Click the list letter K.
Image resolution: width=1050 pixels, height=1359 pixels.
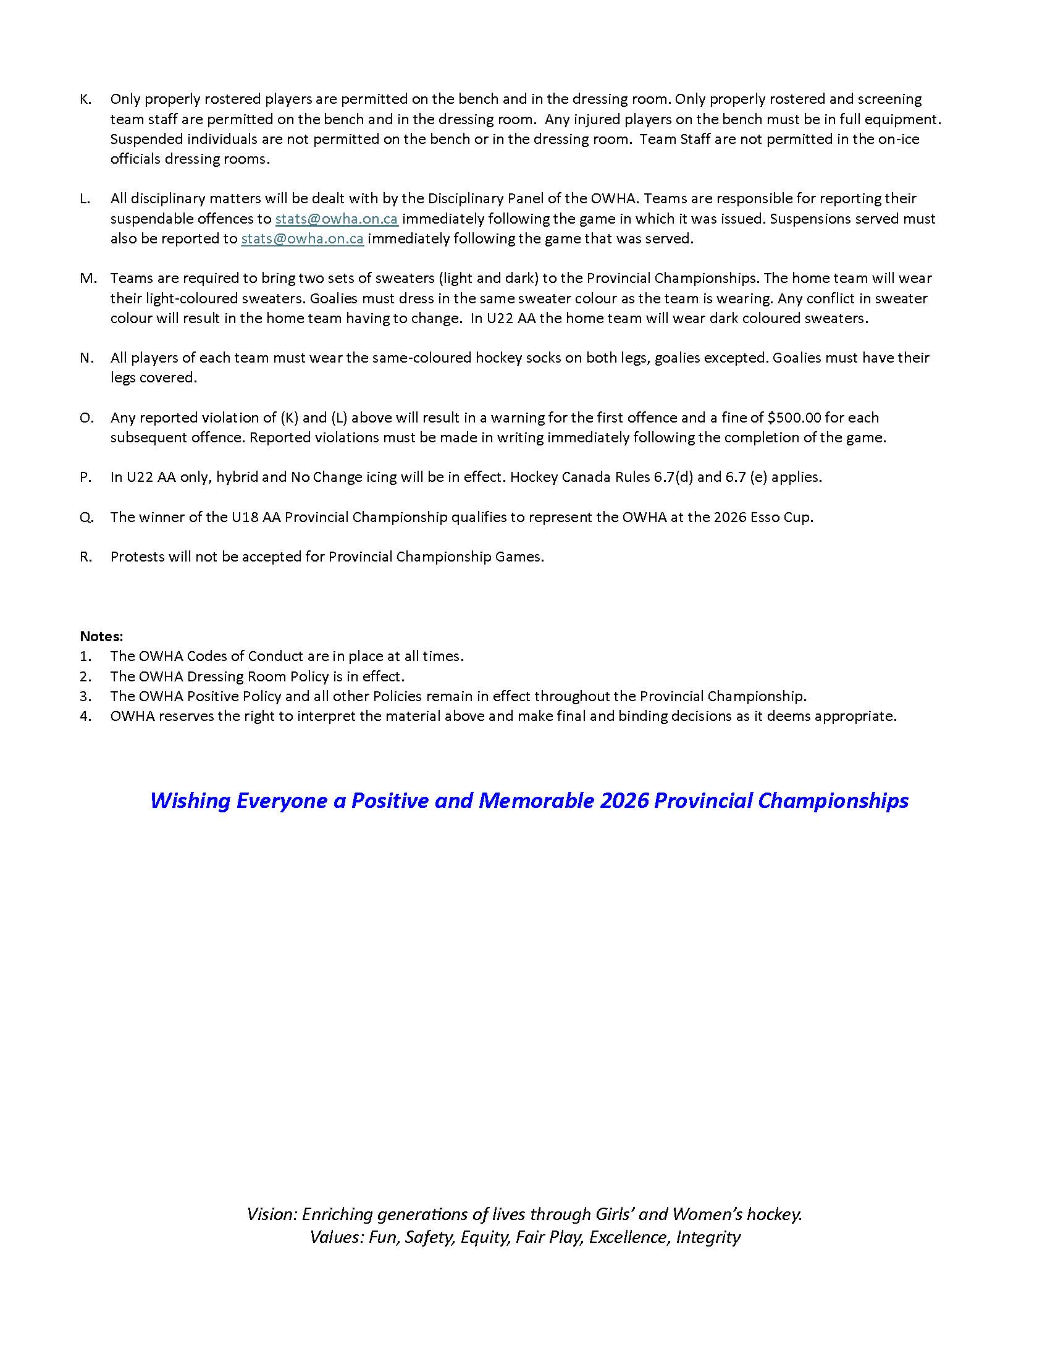(85, 99)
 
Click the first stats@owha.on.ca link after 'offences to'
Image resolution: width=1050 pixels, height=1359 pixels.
(337, 219)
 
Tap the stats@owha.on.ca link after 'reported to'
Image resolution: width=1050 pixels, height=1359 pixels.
(302, 238)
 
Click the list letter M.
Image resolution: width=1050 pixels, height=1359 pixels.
(88, 278)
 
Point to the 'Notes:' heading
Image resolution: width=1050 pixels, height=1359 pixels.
(101, 636)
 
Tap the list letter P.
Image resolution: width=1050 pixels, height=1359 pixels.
(85, 478)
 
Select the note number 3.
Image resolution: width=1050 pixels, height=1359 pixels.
(85, 696)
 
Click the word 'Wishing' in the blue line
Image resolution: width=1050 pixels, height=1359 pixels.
(190, 800)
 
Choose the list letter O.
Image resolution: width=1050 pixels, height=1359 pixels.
(86, 418)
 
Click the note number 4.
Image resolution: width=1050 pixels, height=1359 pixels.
(85, 715)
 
